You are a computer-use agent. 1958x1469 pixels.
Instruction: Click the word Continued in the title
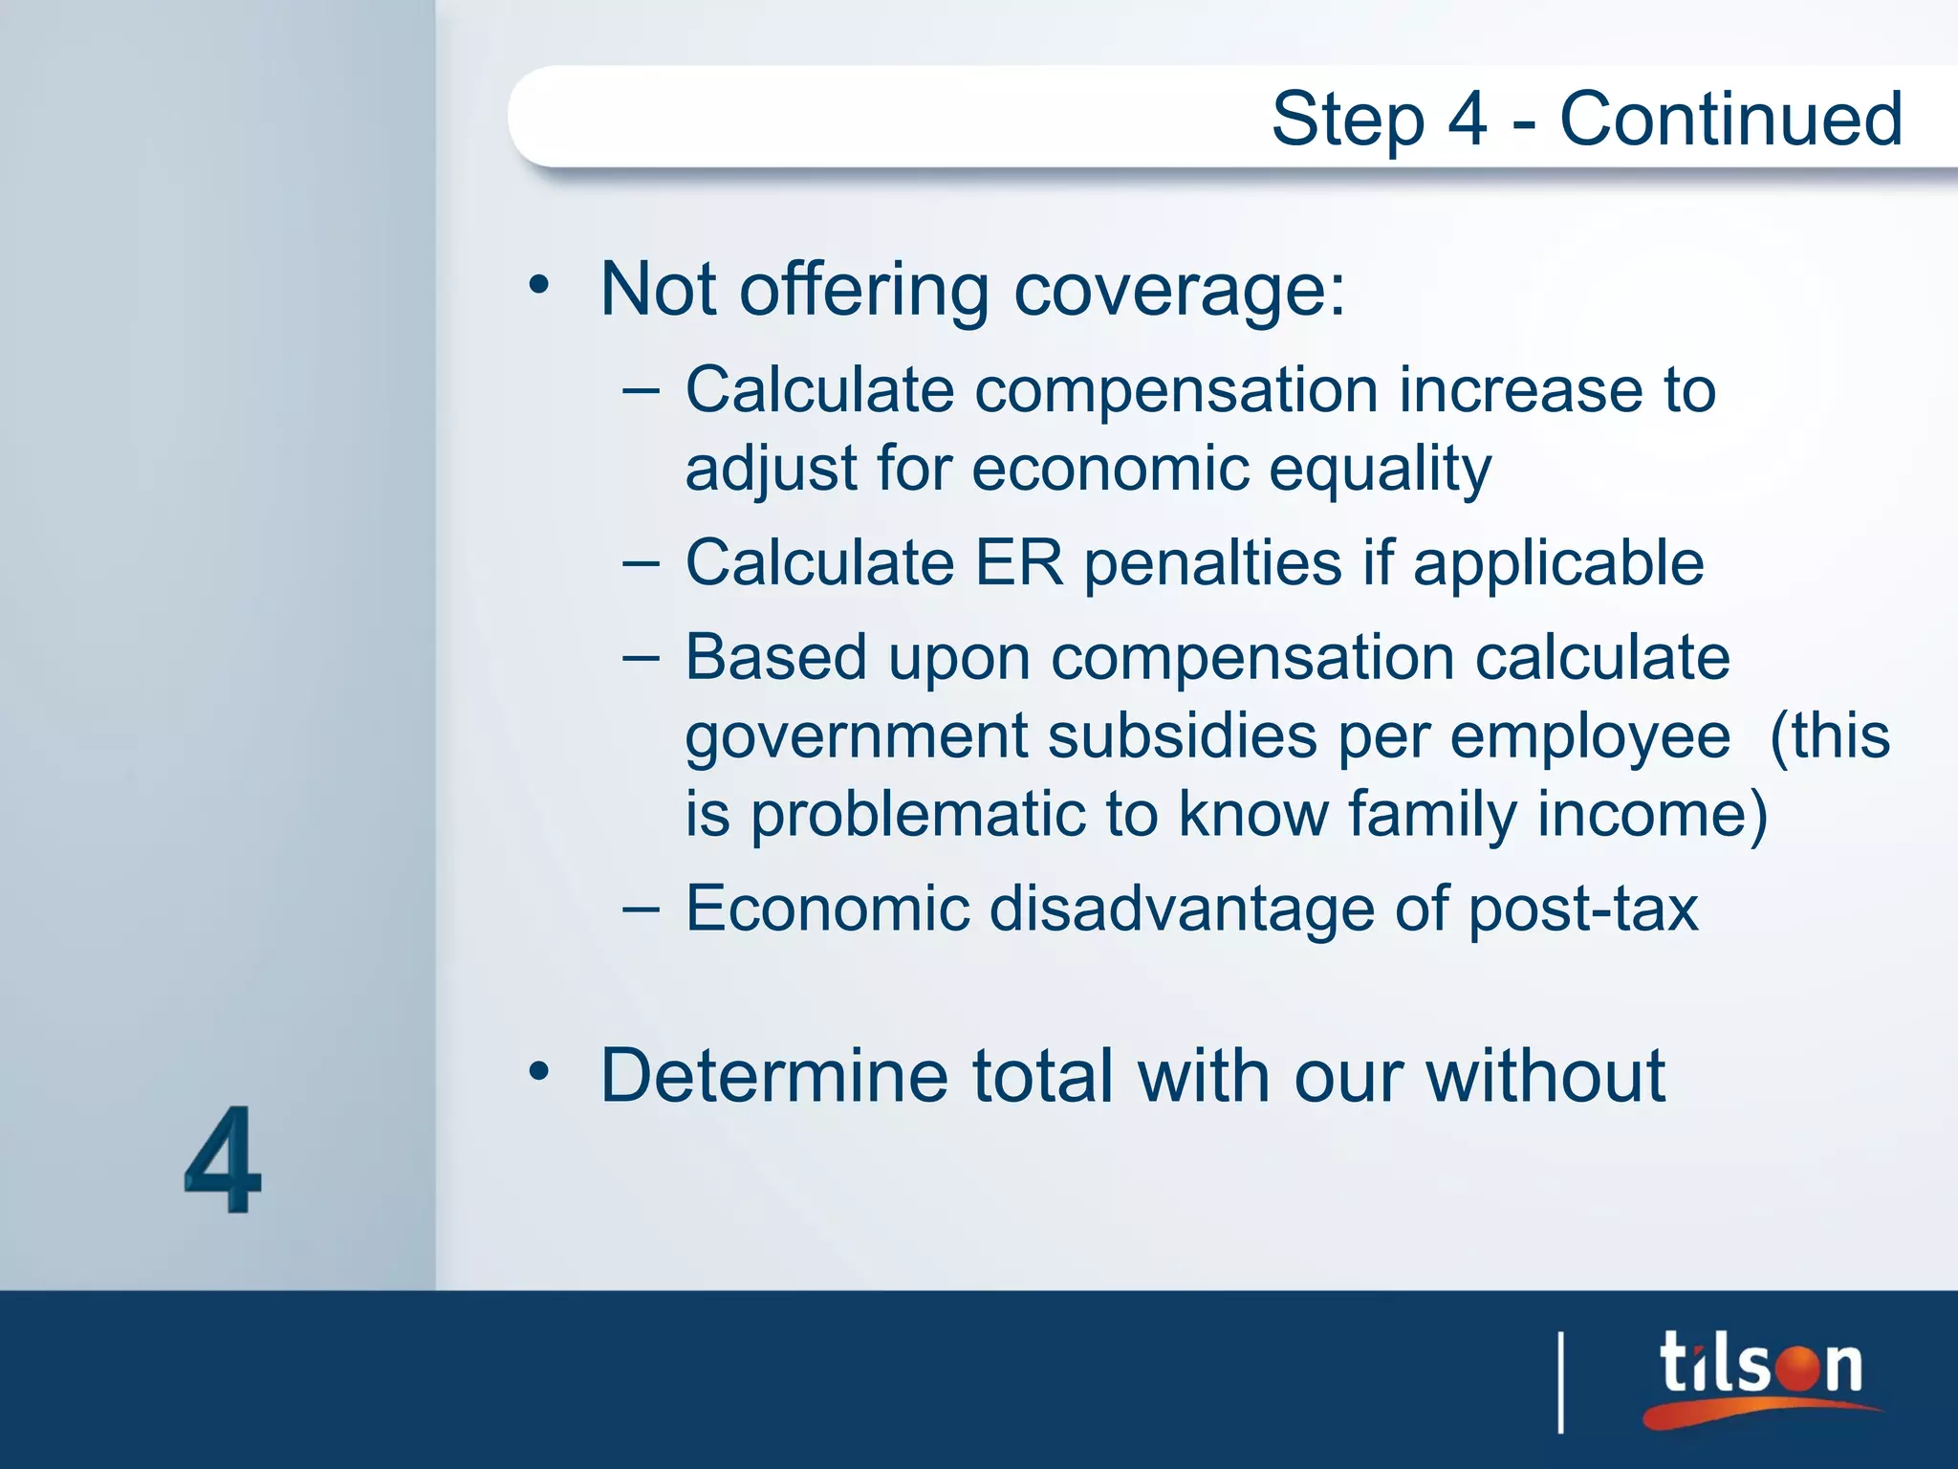(1730, 119)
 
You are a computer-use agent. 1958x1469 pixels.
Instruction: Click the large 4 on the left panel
(223, 1159)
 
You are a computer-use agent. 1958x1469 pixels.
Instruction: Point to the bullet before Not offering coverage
(539, 285)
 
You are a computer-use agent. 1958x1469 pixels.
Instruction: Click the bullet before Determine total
(539, 1071)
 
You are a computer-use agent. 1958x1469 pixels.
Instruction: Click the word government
(857, 738)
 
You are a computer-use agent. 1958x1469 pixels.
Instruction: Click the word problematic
(918, 815)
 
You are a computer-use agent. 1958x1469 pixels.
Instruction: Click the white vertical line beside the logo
(1561, 1381)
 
